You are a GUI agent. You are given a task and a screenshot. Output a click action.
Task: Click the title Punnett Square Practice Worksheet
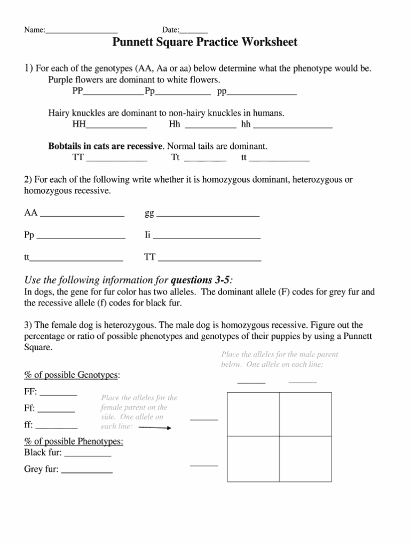(205, 43)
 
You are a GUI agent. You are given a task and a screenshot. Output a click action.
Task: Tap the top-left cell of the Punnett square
(254, 414)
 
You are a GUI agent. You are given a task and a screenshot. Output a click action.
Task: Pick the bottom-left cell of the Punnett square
(254, 459)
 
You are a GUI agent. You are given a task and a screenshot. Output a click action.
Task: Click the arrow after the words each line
(154, 428)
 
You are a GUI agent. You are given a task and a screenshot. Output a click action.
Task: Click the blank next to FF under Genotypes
(59, 394)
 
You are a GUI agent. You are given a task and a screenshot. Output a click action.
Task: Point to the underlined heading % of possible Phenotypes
(74, 442)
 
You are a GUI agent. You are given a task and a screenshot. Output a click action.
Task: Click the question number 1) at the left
(29, 68)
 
